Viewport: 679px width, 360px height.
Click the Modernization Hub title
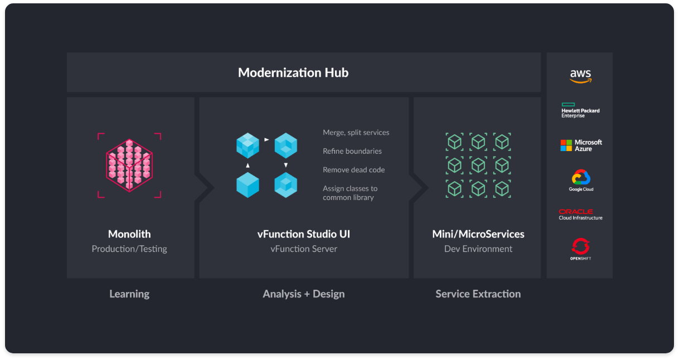[293, 72]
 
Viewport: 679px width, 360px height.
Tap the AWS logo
[580, 76]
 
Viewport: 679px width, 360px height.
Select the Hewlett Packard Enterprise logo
[580, 110]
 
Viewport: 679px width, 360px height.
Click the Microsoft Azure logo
[581, 145]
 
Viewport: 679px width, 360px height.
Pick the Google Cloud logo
[581, 181]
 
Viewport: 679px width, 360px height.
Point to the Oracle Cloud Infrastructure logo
[580, 215]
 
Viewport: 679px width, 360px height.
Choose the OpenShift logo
[580, 249]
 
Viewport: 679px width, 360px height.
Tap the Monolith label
[129, 234]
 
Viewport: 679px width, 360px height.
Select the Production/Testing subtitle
[129, 249]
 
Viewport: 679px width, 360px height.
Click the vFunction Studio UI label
[304, 234]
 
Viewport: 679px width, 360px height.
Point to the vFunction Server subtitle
[304, 249]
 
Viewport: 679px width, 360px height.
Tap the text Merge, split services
[356, 133]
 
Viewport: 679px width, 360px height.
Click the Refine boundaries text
[352, 151]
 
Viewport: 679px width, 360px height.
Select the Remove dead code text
[353, 170]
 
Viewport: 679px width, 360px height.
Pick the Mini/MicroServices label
[478, 234]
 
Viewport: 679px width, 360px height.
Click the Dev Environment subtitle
[478, 249]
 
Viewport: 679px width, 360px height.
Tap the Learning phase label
[129, 294]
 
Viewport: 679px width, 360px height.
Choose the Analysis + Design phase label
[304, 294]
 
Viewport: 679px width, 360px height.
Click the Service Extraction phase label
[478, 294]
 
